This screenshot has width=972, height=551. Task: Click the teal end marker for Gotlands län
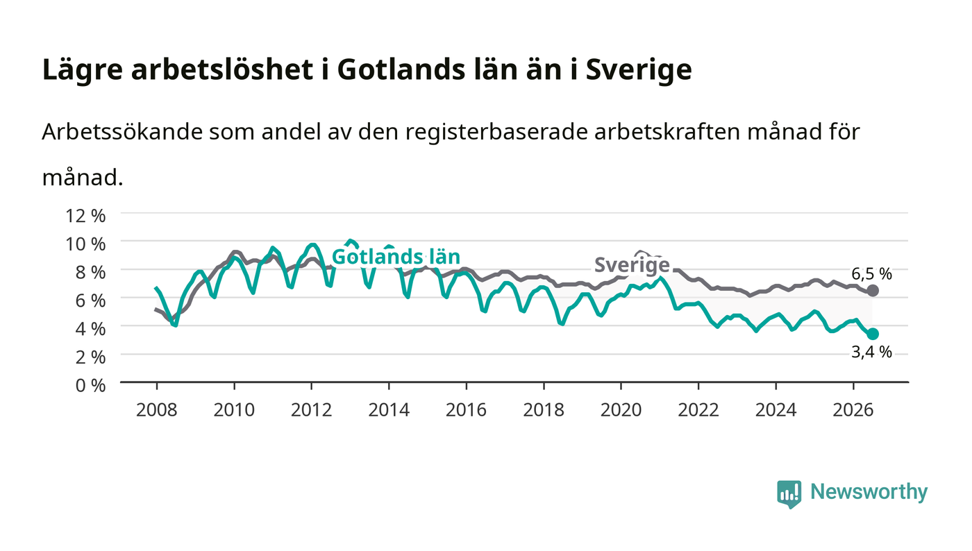[872, 334]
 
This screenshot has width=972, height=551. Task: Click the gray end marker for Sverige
[872, 290]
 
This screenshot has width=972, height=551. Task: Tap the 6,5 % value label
[871, 273]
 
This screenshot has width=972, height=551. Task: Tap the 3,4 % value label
[871, 352]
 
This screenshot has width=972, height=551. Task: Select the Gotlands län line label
[396, 257]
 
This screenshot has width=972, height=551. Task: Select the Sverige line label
[632, 264]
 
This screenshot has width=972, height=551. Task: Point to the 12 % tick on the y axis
[85, 216]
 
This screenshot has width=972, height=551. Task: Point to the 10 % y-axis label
[85, 244]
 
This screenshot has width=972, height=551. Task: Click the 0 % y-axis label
[91, 385]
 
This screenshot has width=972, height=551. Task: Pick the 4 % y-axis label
[91, 329]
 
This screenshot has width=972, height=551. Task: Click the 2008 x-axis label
[157, 410]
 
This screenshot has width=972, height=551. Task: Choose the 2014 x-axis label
[389, 410]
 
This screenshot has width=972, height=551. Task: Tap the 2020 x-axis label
[621, 410]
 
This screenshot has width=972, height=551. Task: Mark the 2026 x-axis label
[853, 410]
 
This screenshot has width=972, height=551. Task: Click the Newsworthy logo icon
[789, 493]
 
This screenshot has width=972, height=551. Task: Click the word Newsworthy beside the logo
[869, 492]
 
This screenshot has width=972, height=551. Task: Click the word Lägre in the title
[83, 70]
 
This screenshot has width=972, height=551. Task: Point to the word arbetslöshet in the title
[222, 69]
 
